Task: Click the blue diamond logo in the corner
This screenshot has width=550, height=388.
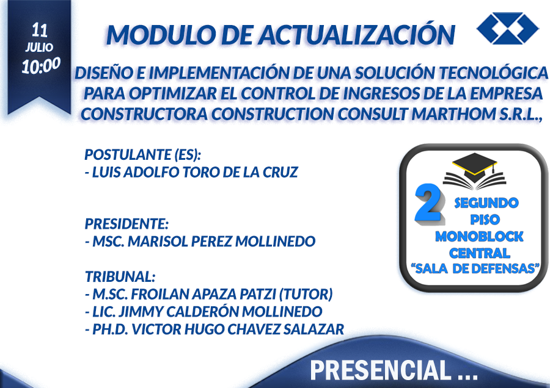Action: coord(508,28)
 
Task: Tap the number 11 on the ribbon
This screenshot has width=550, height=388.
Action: coord(40,31)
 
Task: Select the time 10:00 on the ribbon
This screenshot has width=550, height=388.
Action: coord(41,65)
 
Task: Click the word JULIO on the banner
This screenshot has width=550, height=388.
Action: coord(39,47)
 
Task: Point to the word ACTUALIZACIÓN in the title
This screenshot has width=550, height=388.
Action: coord(357,34)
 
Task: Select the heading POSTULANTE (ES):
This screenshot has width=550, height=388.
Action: coord(143,154)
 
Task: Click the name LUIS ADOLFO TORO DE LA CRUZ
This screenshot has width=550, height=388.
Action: coord(195,172)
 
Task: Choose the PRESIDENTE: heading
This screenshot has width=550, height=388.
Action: coord(127,224)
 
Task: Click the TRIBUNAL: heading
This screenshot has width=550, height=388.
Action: coord(120,276)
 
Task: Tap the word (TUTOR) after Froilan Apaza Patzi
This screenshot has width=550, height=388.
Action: coord(306,294)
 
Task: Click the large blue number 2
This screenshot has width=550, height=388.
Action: coord(428,204)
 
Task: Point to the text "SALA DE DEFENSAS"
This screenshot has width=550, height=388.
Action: coord(475,268)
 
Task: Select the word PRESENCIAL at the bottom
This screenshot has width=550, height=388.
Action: coord(381,370)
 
